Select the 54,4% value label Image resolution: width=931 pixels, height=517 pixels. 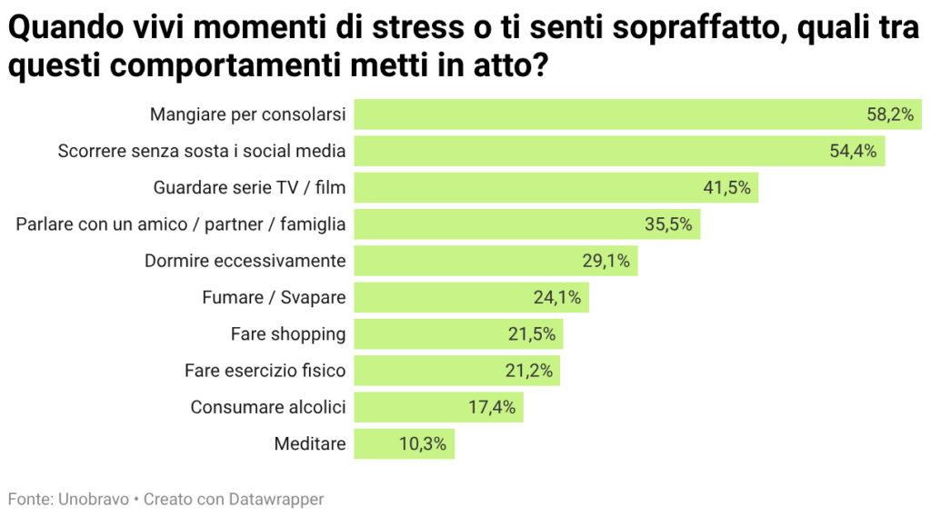point(853,152)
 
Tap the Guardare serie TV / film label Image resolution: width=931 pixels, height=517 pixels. point(250,188)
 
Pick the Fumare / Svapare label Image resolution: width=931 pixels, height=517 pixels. point(274,297)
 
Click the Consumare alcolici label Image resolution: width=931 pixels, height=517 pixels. point(268,407)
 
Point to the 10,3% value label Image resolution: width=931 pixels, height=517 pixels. point(423,444)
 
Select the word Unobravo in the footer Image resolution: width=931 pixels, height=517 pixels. point(94,499)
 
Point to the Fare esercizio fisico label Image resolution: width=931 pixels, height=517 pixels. point(265,371)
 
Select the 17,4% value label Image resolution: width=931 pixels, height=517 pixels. point(492,407)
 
